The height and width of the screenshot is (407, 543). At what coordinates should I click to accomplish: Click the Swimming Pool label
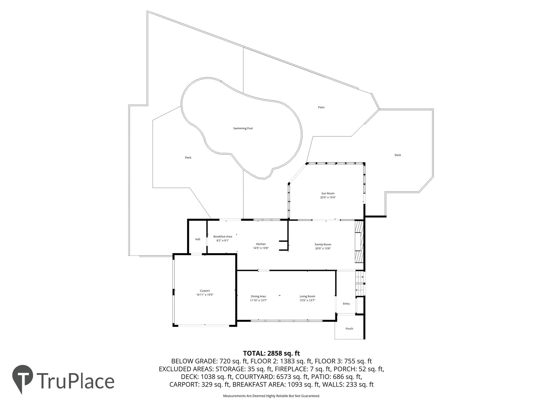point(243,129)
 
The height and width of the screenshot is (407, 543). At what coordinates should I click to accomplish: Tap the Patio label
point(321,107)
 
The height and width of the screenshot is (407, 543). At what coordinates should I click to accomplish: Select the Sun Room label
point(328,193)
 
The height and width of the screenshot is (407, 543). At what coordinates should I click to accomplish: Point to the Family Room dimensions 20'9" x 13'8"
point(323,249)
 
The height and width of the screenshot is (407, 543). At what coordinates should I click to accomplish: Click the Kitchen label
point(261,244)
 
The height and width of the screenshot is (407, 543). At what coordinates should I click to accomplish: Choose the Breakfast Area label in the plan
point(223,237)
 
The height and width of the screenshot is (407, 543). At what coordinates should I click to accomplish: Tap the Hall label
point(198,239)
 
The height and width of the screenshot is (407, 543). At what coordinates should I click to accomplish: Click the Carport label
point(205,291)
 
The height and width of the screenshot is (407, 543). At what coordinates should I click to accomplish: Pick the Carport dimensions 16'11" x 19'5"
point(205,295)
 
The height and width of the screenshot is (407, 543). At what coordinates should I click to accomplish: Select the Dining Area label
point(258,297)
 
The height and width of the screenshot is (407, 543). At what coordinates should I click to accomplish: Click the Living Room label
point(307,297)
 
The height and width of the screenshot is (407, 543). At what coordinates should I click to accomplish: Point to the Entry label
point(346,304)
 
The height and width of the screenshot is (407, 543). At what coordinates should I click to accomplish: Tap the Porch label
point(349,329)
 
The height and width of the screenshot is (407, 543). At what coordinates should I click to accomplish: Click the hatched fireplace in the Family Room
point(359,242)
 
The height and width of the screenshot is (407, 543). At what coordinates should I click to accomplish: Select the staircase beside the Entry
point(360,284)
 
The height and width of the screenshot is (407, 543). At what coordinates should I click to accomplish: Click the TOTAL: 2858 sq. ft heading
point(271,353)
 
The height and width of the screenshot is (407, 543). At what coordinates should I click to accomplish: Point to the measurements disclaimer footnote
point(271,396)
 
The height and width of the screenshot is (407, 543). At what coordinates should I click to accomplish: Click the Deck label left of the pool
point(188,158)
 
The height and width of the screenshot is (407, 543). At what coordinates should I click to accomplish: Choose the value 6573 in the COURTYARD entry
point(299,377)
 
